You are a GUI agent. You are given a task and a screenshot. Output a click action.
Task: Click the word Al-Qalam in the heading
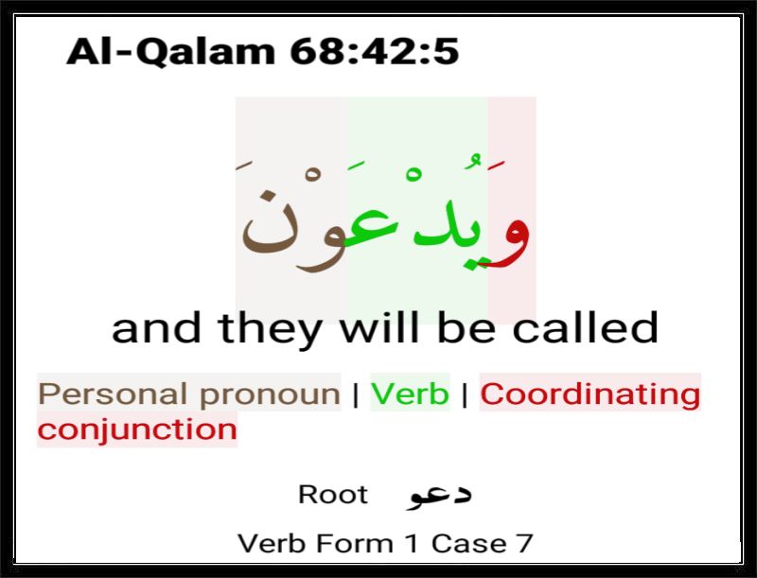171,51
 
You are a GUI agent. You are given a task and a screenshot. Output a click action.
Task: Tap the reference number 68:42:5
374,51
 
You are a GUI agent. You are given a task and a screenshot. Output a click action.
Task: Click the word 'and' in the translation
156,327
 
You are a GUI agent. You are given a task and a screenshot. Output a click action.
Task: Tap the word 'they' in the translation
271,330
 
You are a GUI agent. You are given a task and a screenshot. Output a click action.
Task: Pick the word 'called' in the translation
585,327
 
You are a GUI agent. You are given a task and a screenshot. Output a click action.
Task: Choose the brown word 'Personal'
113,394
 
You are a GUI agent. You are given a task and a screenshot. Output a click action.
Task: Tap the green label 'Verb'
410,394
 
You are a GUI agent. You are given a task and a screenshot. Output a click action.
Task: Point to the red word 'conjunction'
137,429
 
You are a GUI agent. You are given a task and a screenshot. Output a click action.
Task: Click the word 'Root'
333,495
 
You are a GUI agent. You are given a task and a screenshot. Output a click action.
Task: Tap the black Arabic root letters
439,497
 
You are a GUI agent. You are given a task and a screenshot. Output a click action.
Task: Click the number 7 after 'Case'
525,544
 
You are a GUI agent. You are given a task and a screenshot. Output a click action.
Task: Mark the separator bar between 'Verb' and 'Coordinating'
465,395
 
